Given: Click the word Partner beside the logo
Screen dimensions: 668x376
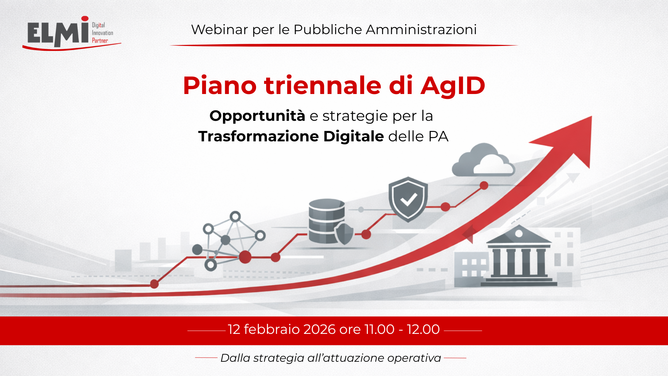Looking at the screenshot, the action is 100,40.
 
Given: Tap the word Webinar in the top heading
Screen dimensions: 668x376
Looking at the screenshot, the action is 220,30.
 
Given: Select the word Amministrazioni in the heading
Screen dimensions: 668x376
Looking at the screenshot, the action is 421,30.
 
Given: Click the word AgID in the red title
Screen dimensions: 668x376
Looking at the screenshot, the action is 453,86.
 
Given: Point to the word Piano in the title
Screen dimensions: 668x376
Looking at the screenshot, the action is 220,85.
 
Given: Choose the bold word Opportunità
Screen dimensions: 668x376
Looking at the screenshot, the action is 257,116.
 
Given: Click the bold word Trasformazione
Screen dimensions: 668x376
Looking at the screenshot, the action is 259,136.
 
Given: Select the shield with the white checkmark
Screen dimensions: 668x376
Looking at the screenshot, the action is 408,199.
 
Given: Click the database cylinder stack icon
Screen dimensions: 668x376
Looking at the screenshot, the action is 327,221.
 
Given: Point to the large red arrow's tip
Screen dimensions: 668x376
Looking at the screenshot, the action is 591,117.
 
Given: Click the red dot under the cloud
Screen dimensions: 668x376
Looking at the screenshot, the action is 484,186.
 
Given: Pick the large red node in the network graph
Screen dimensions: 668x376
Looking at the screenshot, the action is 245,257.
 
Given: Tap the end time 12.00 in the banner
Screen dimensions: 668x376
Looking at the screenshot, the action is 423,329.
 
